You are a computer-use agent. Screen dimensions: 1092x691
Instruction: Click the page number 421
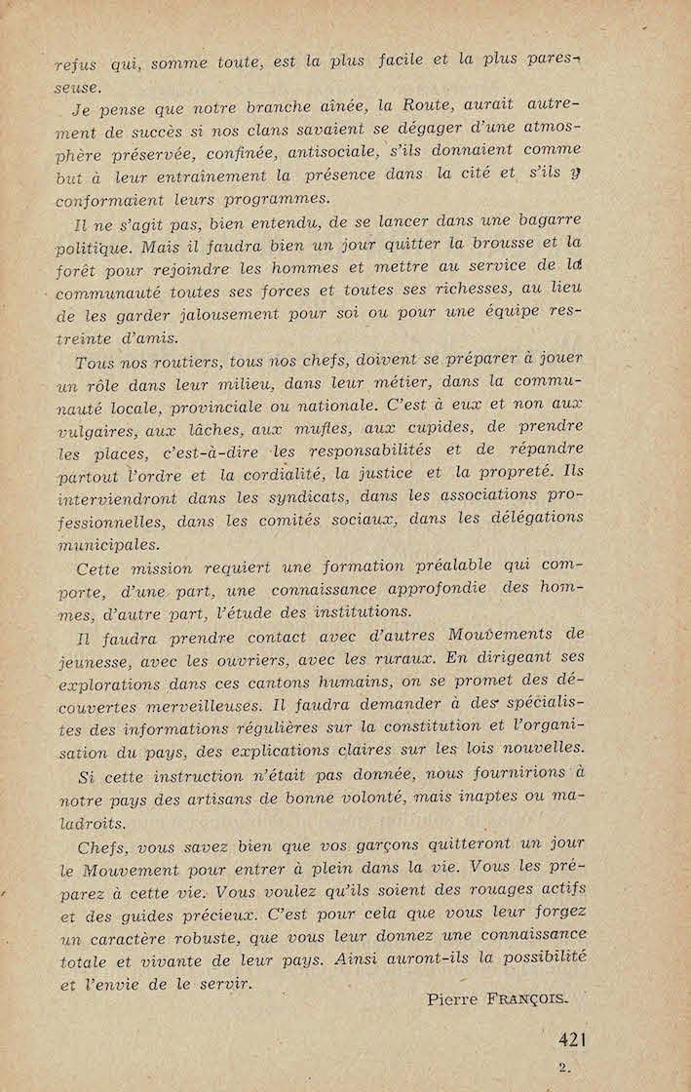tap(576, 1039)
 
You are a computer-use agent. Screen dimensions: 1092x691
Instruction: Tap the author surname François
tap(526, 998)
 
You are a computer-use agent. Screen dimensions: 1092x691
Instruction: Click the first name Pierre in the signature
tap(456, 998)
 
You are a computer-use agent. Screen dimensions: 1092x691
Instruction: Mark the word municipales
tap(108, 545)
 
